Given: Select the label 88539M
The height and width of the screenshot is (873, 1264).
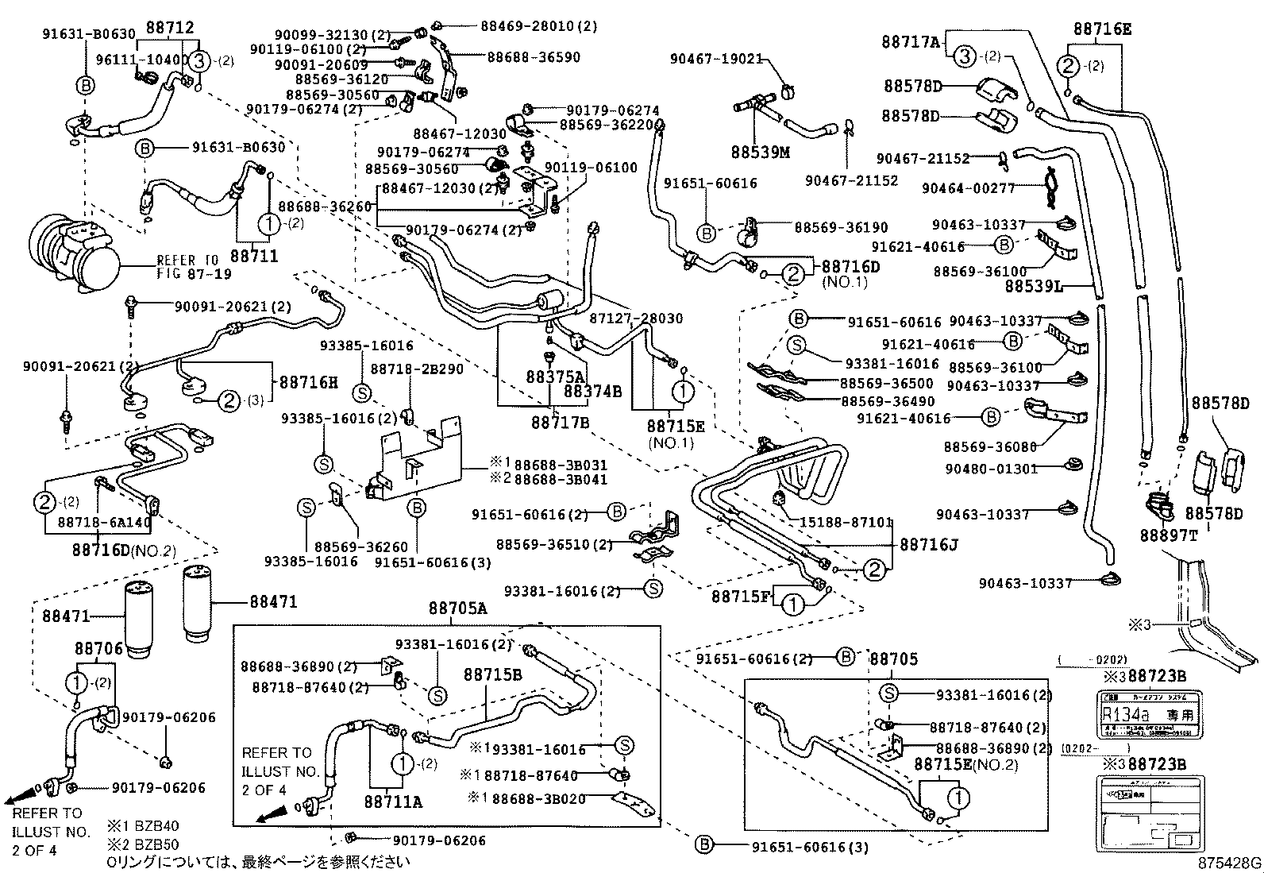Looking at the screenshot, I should pos(761,152).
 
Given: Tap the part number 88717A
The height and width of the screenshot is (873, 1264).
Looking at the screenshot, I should pos(911,41).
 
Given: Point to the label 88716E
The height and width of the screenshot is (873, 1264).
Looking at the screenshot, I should pos(1102,30).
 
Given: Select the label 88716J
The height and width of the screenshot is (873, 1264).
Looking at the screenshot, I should pos(929,545).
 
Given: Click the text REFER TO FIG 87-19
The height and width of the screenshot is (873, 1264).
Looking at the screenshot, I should pos(187,266).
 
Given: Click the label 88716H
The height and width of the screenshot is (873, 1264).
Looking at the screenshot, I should pos(308,382).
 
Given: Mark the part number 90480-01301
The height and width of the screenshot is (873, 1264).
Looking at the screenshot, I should pos(991,469).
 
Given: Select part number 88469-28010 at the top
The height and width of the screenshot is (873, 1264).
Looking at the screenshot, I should pos(538,26).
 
